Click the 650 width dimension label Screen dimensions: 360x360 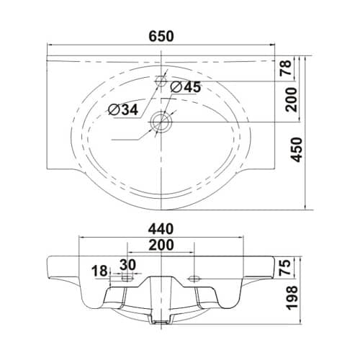(x=161, y=37)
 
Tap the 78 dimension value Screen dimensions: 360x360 (x=286, y=68)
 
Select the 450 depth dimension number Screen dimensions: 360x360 (x=297, y=150)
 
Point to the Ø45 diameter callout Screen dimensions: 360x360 (x=185, y=87)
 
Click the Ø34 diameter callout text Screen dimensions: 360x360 (x=123, y=110)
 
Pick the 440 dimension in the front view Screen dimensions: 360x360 (x=161, y=229)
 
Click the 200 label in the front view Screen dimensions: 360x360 (x=161, y=245)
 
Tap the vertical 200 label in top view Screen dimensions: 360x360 (x=292, y=99)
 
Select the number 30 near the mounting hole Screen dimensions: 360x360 (x=127, y=265)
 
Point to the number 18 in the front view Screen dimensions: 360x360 (x=99, y=271)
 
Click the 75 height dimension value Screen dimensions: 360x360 (x=286, y=267)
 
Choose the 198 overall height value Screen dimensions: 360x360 (x=292, y=297)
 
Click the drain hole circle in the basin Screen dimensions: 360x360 (x=161, y=122)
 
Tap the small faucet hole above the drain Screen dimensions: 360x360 (x=161, y=81)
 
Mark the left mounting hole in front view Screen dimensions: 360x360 (x=127, y=279)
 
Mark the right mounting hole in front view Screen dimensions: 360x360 (x=194, y=279)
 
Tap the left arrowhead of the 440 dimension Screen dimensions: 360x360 (x=82, y=238)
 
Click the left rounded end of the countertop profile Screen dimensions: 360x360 (x=48, y=266)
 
